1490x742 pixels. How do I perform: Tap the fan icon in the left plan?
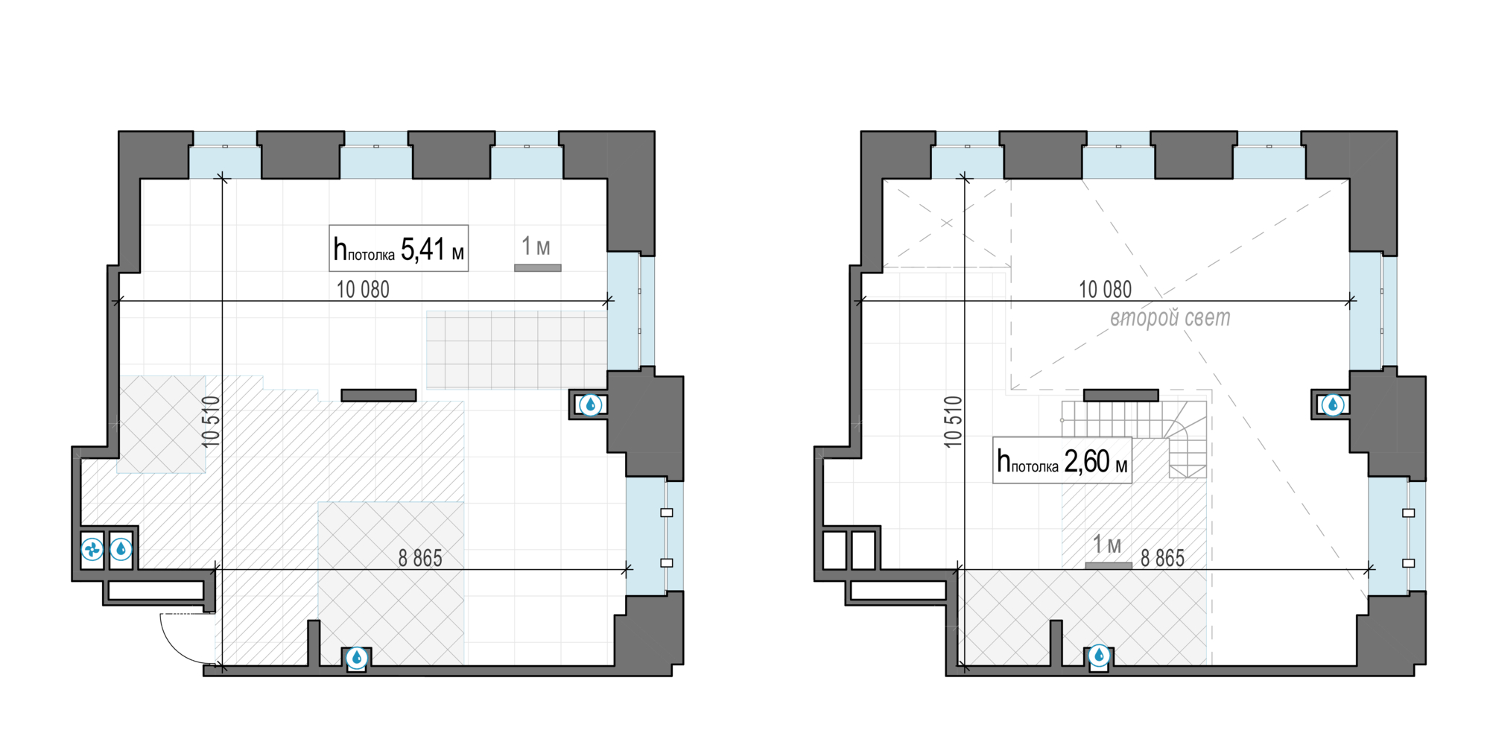tap(92, 550)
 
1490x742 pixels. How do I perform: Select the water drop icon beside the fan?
tap(121, 550)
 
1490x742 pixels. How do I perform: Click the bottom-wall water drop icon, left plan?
tap(357, 657)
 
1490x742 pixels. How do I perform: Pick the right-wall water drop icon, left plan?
tap(591, 405)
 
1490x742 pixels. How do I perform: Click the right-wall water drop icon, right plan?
tap(1333, 405)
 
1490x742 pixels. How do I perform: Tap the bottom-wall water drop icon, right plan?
tap(1099, 656)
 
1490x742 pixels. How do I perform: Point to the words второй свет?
tap(1170, 318)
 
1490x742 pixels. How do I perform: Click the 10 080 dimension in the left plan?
tap(363, 289)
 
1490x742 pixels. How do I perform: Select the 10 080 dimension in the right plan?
tap(1105, 289)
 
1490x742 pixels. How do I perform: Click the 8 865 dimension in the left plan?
tap(420, 558)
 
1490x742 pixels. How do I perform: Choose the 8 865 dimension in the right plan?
tap(1162, 558)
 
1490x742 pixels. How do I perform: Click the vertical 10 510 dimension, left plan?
tap(211, 422)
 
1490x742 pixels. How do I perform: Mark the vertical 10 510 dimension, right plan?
tap(953, 422)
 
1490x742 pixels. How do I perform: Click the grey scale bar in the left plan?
tap(538, 267)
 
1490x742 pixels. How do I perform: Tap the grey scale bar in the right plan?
tap(1109, 565)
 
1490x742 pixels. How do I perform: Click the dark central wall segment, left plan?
tap(378, 396)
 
